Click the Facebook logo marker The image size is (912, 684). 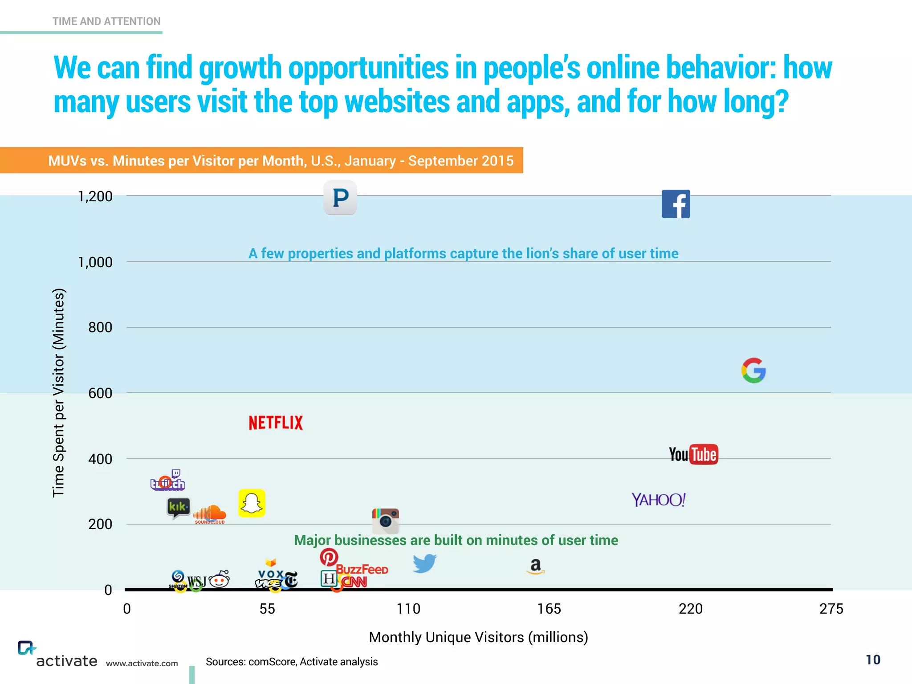point(676,204)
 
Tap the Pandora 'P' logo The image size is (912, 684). point(340,197)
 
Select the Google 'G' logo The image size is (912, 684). point(753,370)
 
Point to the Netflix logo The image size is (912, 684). point(276,423)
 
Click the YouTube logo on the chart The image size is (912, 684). point(693,454)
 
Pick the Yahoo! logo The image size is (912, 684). point(659,500)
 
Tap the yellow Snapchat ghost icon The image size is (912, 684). point(252,503)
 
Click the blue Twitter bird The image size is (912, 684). point(424,563)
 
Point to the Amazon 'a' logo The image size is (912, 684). point(536,566)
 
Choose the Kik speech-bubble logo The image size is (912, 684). point(178,508)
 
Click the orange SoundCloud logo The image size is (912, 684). point(210,514)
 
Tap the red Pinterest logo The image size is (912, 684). point(329,557)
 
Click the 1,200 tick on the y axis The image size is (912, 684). point(95,196)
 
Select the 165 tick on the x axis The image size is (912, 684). point(549,609)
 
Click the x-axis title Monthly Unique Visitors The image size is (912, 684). point(478,637)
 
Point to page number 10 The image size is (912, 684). point(873,660)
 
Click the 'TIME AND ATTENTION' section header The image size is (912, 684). point(106,21)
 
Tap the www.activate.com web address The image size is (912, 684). point(142,663)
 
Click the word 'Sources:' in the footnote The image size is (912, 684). point(225,662)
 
